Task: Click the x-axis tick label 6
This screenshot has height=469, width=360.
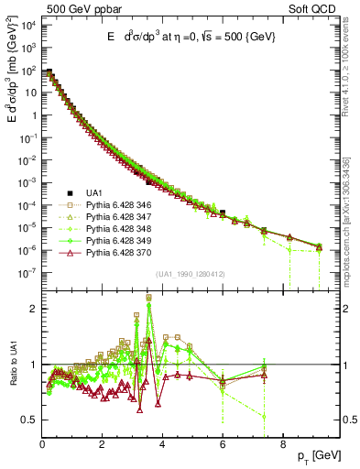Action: (223, 446)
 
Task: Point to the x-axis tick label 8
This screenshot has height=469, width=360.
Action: (282, 446)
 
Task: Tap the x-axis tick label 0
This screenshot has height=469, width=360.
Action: (42, 446)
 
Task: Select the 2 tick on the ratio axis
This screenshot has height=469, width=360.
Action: (34, 309)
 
